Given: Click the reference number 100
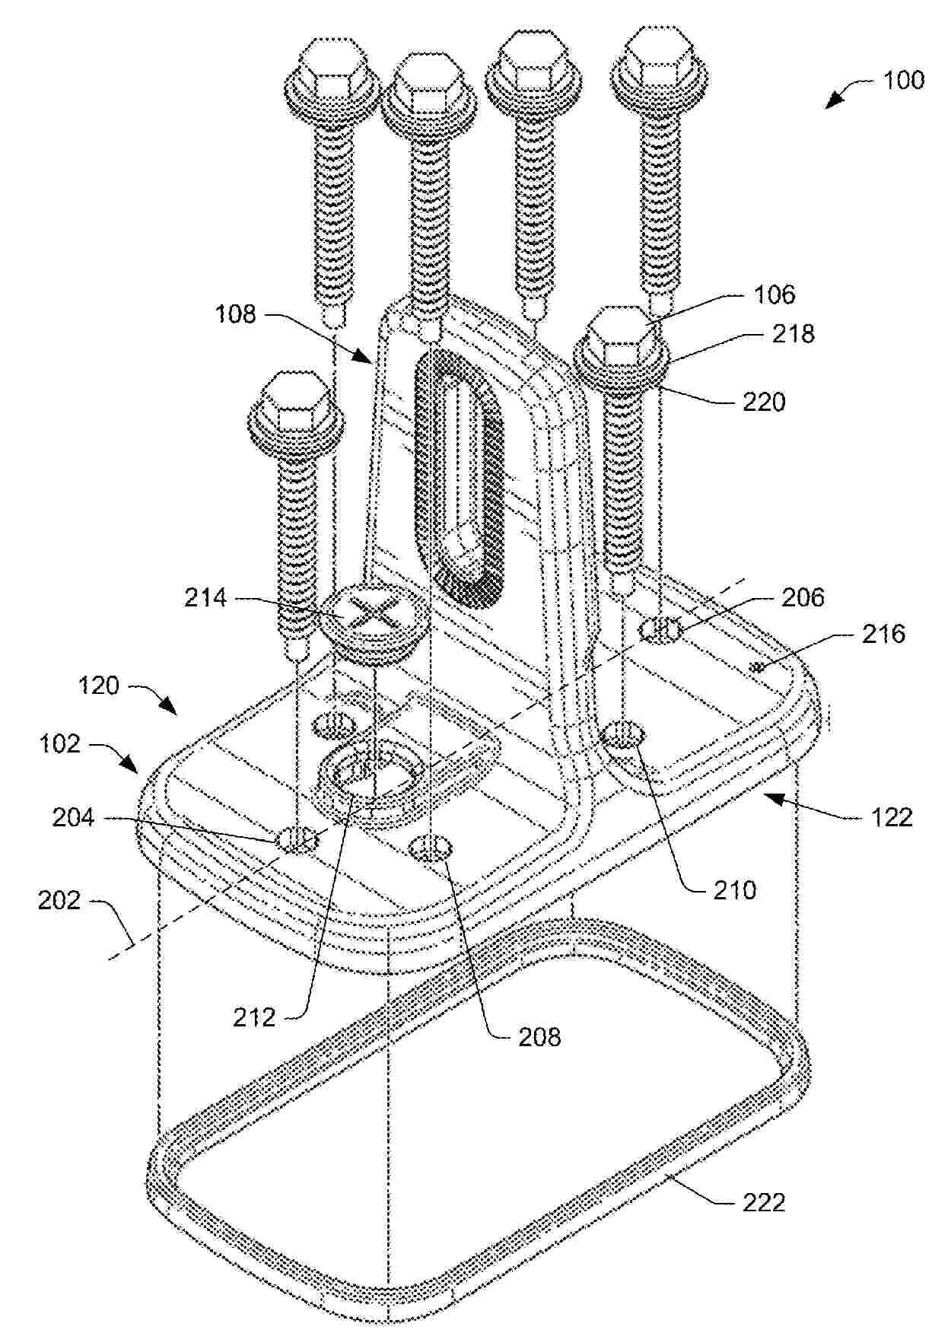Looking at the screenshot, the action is coord(903,80).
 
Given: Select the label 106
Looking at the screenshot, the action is coord(774,294).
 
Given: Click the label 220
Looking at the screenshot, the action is coord(764,401).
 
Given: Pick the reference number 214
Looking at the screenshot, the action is coord(205,598).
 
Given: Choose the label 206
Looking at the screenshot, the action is coord(803,597).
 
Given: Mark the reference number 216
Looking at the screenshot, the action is coord(884,634).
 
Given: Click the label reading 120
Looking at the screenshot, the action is coord(99,686).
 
